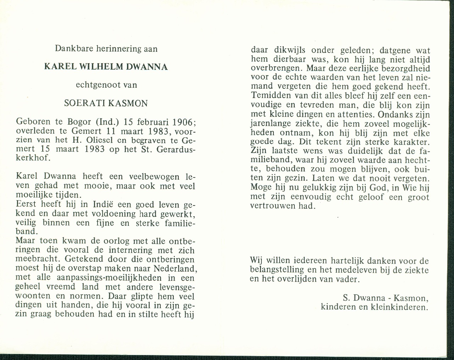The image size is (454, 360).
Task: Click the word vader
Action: (x=347, y=279)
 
